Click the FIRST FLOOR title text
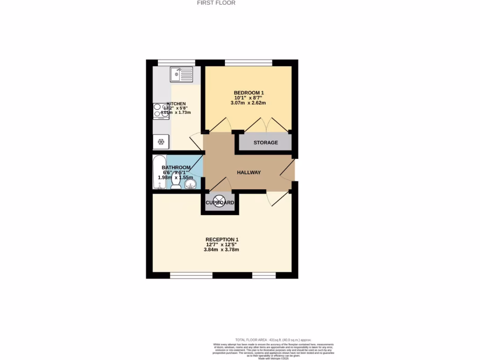(216, 3)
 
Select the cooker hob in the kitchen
(157, 111)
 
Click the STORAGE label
(266, 142)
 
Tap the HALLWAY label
(248, 172)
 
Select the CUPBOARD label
(220, 202)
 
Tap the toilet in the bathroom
(176, 183)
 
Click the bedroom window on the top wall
(248, 62)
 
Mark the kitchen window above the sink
(176, 62)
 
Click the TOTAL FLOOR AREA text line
(273, 340)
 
